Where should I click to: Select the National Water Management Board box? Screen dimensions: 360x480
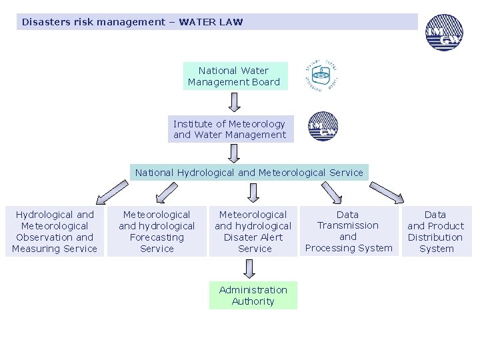tap(235, 76)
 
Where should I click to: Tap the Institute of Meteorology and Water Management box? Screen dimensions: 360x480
tap(229, 129)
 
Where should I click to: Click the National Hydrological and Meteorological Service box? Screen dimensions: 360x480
tap(249, 173)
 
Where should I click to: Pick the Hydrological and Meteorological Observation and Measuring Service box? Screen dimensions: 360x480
tap(55, 231)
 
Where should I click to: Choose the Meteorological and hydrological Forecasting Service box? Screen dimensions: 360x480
tap(157, 231)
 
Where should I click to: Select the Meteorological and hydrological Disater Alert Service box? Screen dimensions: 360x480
tap(253, 231)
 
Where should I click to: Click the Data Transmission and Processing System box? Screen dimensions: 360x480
tap(348, 231)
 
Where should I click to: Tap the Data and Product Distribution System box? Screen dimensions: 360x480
tap(435, 231)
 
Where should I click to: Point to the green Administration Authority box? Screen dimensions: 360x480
tap(253, 295)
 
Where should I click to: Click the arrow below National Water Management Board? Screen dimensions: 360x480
tap(234, 102)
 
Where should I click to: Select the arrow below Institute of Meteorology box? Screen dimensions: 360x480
tap(234, 153)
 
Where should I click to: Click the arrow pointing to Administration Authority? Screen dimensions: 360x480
tap(249, 269)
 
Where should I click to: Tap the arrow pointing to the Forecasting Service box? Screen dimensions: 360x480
tap(165, 193)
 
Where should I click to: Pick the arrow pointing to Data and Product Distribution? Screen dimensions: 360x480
tap(387, 192)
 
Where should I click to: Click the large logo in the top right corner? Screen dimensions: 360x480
tap(444, 33)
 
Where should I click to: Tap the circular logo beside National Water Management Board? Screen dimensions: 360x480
tap(321, 75)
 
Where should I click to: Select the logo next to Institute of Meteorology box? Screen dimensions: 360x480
tap(323, 127)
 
